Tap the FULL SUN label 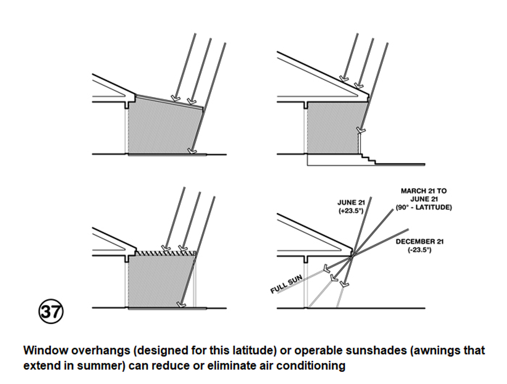coord(286,284)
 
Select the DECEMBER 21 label coord(419,242)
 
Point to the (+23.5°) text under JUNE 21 coord(351,211)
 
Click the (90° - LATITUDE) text coord(424,207)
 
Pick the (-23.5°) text coord(419,250)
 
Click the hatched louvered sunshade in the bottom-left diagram coord(165,253)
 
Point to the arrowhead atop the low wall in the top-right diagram coord(361,130)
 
